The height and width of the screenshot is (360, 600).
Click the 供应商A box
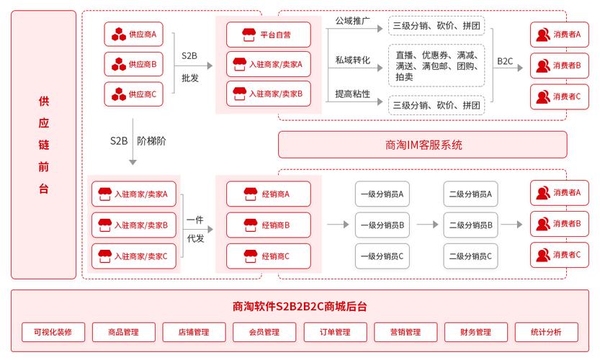[135, 34]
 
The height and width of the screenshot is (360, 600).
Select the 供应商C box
[135, 94]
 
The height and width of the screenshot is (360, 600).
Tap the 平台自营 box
[269, 34]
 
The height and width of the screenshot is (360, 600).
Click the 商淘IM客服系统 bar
[422, 145]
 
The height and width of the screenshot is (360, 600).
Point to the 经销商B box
[269, 225]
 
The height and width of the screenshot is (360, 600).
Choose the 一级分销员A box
[382, 194]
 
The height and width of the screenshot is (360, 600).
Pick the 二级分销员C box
[470, 256]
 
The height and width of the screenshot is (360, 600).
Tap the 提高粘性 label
[353, 94]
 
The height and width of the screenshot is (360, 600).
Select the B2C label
[505, 61]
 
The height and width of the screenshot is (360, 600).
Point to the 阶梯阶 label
[151, 141]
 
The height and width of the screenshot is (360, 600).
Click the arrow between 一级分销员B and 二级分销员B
[426, 225]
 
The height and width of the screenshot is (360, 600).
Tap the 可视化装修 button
[53, 332]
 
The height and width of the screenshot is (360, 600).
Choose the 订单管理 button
[335, 332]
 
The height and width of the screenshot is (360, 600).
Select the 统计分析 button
[546, 332]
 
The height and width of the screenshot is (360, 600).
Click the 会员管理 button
[264, 332]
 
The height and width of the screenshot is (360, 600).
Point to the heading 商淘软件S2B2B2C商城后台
[300, 306]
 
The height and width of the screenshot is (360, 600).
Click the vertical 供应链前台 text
[43, 145]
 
